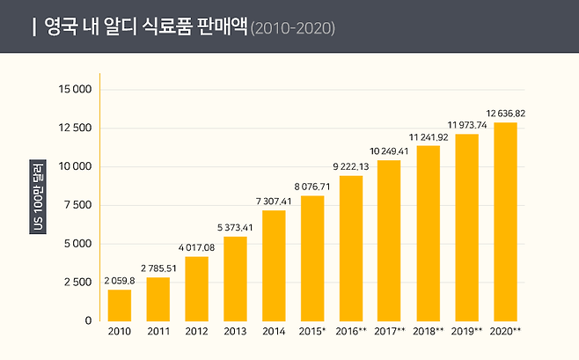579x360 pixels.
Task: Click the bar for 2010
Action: coord(119,305)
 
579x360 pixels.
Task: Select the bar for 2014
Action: coord(274,265)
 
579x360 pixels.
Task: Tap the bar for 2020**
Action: coord(505,221)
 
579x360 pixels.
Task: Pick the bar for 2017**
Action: coord(389,240)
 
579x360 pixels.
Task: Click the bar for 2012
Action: coord(196,288)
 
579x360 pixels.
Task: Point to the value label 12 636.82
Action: coord(505,114)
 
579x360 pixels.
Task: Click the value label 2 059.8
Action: coord(119,281)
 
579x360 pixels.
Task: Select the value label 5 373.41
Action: coord(235,228)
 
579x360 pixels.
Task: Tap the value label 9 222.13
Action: coord(351,167)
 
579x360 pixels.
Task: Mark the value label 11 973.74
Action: coord(466,125)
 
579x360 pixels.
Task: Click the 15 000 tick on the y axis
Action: coord(76,90)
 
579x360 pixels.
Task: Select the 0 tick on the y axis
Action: coord(88,321)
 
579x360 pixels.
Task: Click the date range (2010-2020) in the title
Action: coord(292,28)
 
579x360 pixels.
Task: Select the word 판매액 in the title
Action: coord(223,27)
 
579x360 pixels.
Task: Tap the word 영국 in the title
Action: coord(59,27)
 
